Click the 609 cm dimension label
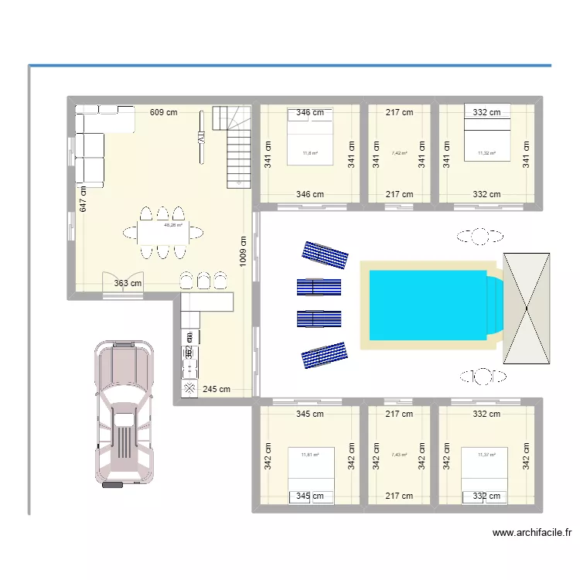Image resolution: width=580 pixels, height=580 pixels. (163, 112)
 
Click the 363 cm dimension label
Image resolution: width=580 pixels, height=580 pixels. (128, 283)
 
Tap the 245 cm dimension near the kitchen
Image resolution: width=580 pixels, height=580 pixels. (217, 389)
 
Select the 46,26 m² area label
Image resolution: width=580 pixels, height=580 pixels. (172, 226)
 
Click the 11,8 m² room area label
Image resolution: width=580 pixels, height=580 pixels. (310, 153)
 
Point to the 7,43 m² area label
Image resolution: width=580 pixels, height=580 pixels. (399, 455)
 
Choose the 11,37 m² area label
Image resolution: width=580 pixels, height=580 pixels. (486, 455)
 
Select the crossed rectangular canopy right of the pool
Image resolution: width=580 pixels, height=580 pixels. (527, 307)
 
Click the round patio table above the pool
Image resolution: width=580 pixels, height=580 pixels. (480, 236)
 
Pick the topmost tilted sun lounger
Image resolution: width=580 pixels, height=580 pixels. (325, 253)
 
